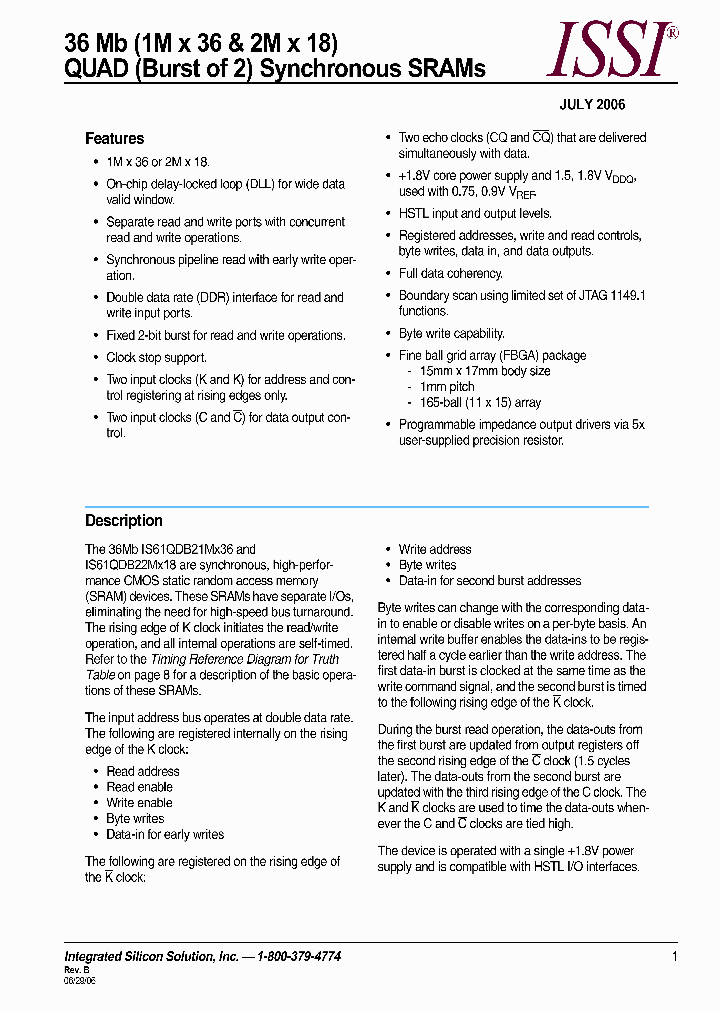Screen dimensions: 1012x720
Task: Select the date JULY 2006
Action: (592, 105)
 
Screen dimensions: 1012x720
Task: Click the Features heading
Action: (115, 139)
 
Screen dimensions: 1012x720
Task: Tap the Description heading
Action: (123, 520)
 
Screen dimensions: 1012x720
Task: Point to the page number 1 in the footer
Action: (675, 957)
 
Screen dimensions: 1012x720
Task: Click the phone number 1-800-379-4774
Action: (299, 957)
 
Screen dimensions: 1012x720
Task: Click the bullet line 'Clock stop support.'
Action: (157, 357)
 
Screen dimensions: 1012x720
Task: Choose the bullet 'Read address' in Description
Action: (143, 771)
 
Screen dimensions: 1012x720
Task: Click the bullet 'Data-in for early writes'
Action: (165, 834)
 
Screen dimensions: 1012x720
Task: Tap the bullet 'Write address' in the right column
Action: (435, 549)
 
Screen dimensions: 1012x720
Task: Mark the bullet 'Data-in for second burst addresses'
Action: (489, 580)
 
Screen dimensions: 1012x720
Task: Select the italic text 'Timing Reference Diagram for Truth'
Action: (244, 659)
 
